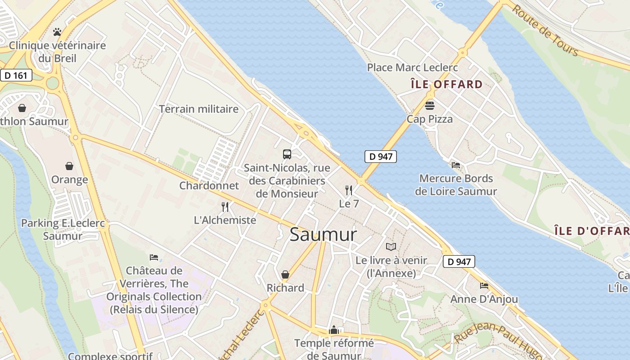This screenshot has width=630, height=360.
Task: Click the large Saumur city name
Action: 323,234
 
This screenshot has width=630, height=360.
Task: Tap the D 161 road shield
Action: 16,75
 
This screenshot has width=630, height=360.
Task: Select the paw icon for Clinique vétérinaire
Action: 57,32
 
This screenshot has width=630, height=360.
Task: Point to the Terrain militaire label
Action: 198,109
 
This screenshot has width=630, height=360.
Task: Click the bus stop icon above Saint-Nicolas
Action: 287,154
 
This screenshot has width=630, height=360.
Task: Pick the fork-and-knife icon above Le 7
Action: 349,190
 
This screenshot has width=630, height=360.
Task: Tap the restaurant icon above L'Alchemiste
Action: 225,207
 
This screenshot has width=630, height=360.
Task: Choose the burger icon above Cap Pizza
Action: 430,106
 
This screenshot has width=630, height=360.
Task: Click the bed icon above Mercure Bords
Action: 456,165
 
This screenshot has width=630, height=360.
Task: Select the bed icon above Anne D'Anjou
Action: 484,286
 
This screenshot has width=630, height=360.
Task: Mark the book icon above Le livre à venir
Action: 391,247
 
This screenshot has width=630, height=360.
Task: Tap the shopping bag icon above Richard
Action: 285,274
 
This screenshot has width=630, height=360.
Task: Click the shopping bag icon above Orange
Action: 69,166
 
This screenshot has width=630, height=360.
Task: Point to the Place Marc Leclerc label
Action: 412,67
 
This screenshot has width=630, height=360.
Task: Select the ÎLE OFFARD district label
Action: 446,84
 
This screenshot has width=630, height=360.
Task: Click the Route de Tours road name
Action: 545,30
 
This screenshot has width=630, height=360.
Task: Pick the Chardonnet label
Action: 209,185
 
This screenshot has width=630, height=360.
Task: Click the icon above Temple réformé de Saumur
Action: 334,330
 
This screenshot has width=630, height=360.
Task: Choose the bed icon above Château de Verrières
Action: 154,257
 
